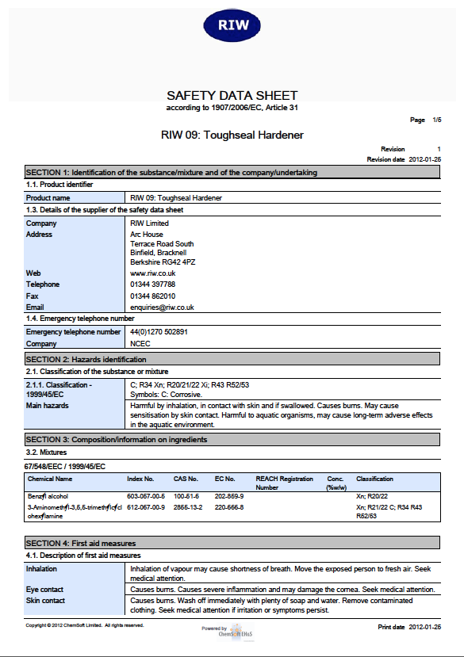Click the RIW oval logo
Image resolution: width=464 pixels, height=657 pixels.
[x=232, y=25]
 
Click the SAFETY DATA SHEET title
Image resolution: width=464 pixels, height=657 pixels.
[x=232, y=94]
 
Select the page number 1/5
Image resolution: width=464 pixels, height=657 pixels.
[x=436, y=120]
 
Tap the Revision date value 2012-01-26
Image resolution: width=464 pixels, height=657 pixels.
[x=424, y=159]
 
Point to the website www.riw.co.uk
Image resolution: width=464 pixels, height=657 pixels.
[x=152, y=273]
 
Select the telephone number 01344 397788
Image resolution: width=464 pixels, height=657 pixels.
[x=152, y=284]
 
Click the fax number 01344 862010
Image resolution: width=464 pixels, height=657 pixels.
[x=152, y=296]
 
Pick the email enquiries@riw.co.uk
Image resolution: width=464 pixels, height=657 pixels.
[x=162, y=307]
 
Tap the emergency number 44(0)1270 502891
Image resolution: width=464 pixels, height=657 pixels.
[x=159, y=332]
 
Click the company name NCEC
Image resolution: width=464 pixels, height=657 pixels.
[x=140, y=344]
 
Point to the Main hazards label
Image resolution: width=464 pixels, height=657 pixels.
[x=48, y=406]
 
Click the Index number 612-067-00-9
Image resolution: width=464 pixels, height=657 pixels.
[x=146, y=507]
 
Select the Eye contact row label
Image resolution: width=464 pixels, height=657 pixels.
[x=45, y=590]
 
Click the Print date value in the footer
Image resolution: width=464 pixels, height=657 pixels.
[x=424, y=627]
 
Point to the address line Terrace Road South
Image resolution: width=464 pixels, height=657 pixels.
[x=162, y=244]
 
